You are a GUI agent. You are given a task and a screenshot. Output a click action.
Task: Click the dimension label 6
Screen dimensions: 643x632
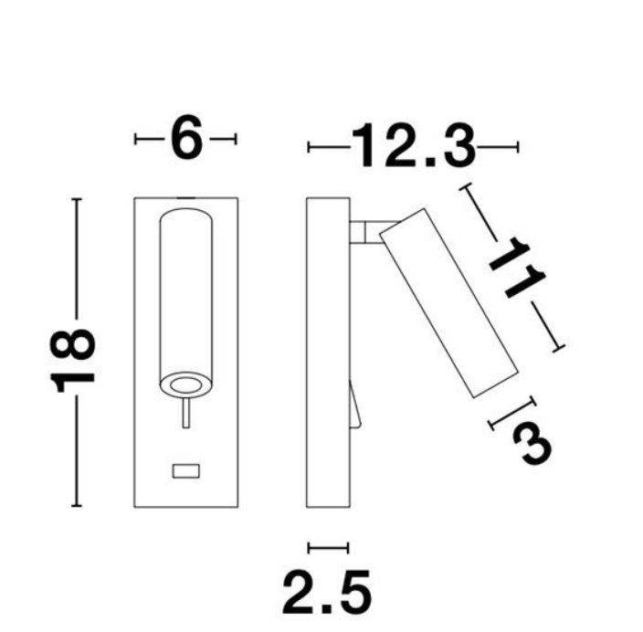click(x=186, y=137)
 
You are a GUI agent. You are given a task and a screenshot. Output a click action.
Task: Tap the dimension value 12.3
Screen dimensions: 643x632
click(x=414, y=145)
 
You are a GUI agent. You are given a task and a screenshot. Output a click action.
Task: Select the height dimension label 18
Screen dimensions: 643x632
click(x=72, y=361)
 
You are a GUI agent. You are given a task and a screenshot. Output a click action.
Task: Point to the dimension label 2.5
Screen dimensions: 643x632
click(x=327, y=592)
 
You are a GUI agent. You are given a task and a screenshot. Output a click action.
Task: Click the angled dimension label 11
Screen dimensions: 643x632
click(x=517, y=268)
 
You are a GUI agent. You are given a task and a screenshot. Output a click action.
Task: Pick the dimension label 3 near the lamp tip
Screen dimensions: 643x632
click(x=532, y=443)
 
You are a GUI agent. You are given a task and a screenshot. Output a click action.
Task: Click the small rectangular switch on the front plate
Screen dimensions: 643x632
click(x=185, y=471)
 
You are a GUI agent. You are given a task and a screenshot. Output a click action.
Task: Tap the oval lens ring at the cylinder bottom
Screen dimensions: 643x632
click(x=186, y=385)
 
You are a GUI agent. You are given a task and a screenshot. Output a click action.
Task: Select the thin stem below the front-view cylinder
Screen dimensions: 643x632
click(x=186, y=413)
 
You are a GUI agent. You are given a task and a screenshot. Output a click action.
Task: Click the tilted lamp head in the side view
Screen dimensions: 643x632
click(x=449, y=303)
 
